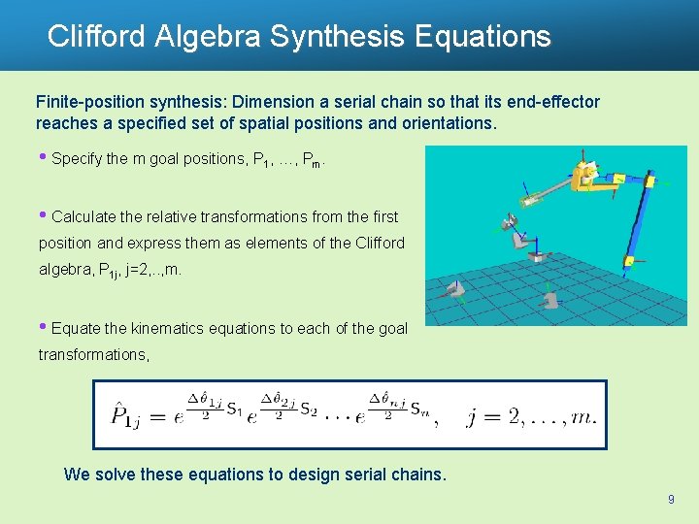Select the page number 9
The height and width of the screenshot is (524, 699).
click(x=671, y=499)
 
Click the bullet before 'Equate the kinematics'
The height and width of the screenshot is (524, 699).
click(x=43, y=327)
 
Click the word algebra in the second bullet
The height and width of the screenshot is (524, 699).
click(x=66, y=269)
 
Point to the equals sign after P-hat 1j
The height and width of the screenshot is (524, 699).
click(x=159, y=416)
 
